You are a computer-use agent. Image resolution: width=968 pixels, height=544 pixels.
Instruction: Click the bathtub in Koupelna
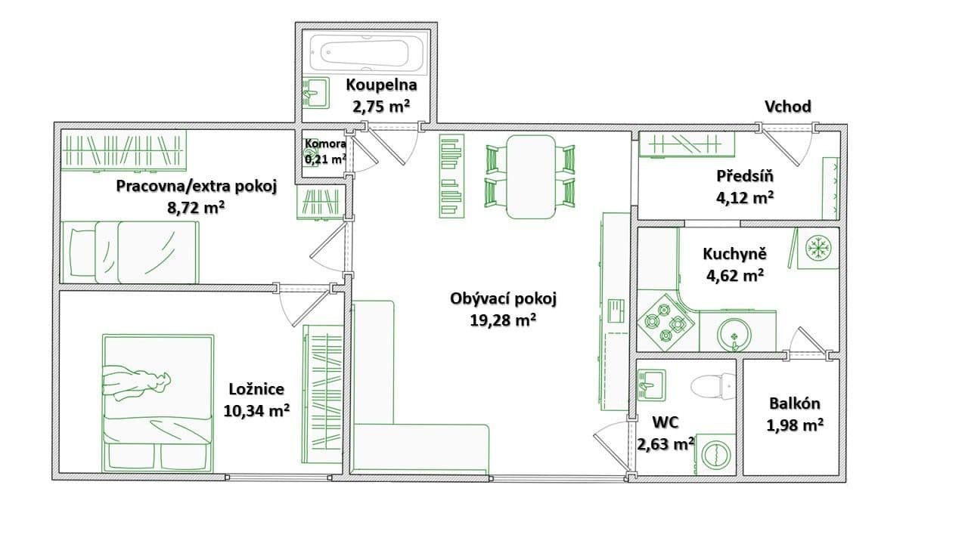pyautogui.click(x=365, y=53)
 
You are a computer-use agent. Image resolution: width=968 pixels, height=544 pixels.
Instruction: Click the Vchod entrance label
pyautogui.click(x=787, y=107)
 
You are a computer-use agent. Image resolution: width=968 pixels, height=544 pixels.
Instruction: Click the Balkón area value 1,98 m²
pyautogui.click(x=794, y=425)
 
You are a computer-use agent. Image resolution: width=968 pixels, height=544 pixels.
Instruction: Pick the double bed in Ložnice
pyautogui.click(x=157, y=400)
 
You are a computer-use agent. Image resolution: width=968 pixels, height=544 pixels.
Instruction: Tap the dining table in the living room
pyautogui.click(x=529, y=176)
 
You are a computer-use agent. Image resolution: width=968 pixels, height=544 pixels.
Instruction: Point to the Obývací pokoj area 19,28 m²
pyautogui.click(x=503, y=320)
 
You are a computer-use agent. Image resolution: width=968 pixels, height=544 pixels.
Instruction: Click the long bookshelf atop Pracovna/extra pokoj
pyautogui.click(x=123, y=150)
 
